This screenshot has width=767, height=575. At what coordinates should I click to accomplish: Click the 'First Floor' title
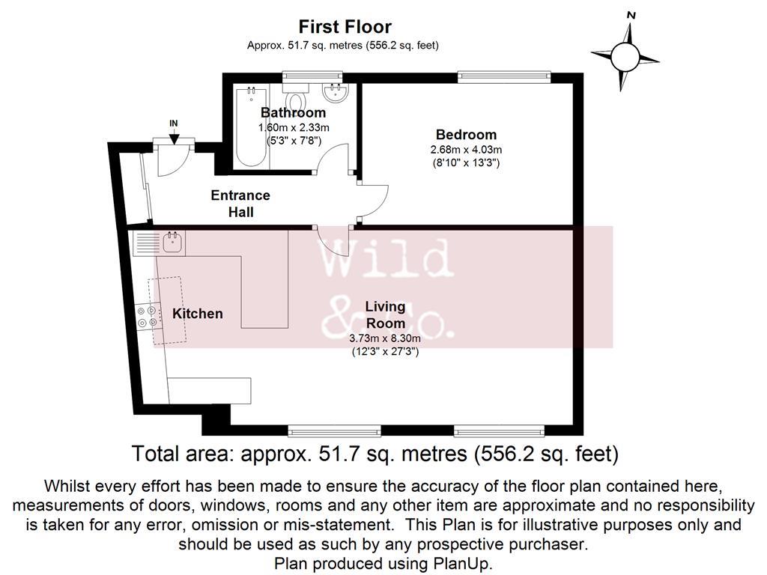(345, 26)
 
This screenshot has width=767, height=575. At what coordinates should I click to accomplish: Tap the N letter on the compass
(631, 16)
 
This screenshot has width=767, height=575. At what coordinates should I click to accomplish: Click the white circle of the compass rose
(625, 56)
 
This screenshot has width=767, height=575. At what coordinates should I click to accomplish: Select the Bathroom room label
(293, 112)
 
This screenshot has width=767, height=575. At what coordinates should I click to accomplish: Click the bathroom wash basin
(335, 92)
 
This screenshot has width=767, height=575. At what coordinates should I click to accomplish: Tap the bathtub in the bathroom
(252, 127)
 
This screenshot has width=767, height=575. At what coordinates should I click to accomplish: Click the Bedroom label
(466, 135)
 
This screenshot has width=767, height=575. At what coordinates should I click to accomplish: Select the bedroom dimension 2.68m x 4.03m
(466, 150)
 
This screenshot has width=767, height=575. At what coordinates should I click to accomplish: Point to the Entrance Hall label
(240, 204)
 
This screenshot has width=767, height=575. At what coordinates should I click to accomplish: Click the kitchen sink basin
(173, 243)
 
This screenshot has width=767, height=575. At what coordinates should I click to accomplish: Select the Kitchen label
(198, 314)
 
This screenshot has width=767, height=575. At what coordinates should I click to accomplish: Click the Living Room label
(386, 314)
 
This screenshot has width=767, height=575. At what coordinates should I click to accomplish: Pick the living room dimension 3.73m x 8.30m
(385, 338)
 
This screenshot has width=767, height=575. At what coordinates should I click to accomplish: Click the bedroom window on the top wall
(504, 77)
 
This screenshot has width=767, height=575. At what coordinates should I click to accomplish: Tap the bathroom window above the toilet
(312, 77)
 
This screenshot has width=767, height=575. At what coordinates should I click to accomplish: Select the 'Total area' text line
(375, 454)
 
